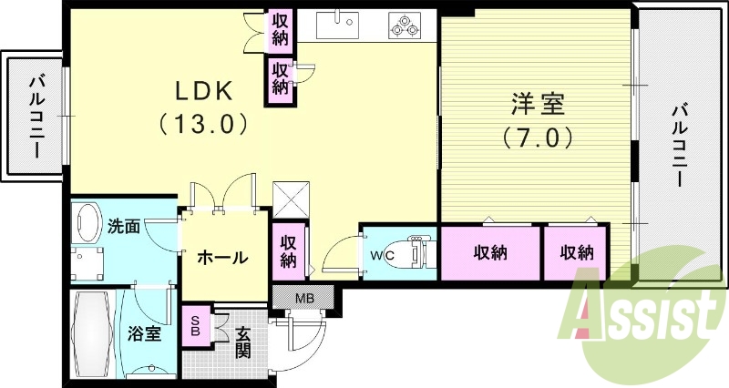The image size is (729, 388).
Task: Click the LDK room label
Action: point(206,90)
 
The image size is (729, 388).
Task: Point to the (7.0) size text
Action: point(537,138)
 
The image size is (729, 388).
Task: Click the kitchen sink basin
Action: point(344,22)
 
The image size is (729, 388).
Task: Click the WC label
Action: point(382,254)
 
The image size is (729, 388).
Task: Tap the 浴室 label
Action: point(144,333)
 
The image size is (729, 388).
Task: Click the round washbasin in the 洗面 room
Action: point(89,221)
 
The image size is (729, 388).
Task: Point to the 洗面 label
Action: point(123,226)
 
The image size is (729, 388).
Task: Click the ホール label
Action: point(222,258)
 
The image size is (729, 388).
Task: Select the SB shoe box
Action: point(193,325)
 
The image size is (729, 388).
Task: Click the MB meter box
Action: point(303,297)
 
